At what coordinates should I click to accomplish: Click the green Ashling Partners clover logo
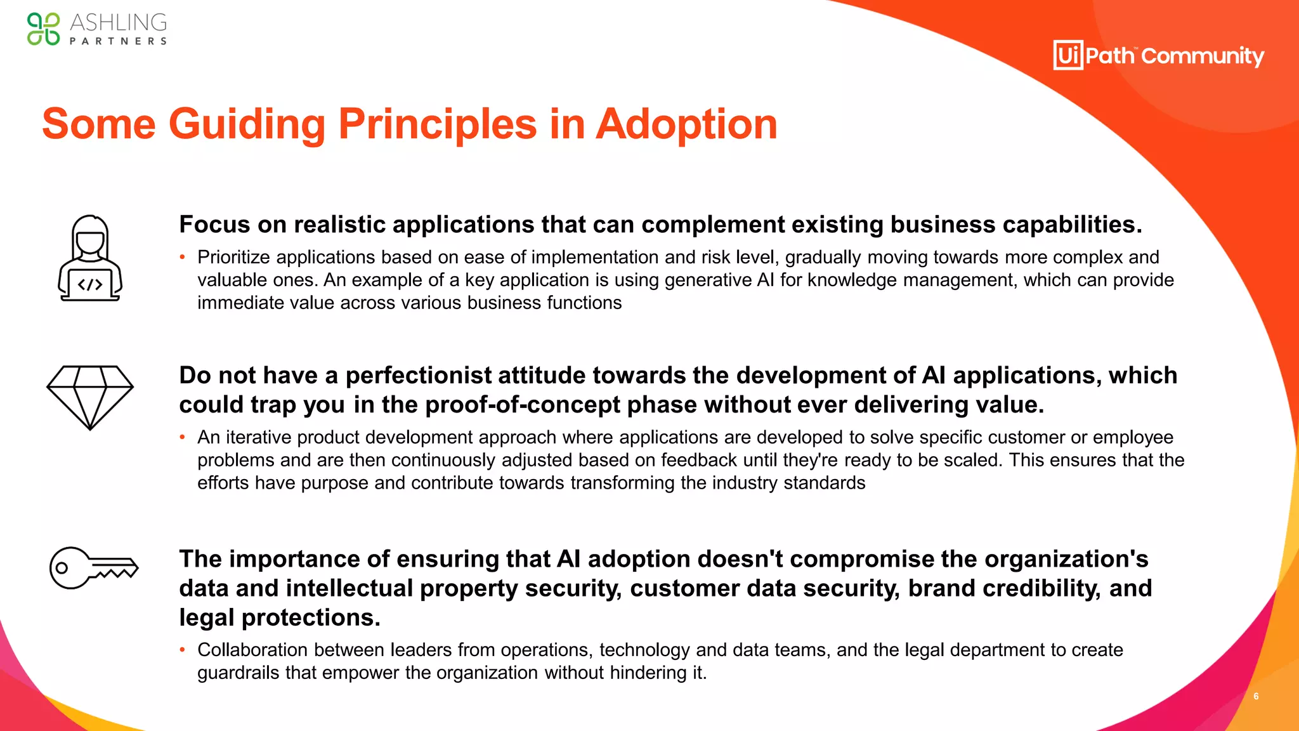(x=43, y=29)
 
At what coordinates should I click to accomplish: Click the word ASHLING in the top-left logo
(x=119, y=23)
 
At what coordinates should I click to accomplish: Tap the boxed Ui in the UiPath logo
(x=1068, y=55)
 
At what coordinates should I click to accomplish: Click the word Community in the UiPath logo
(x=1203, y=56)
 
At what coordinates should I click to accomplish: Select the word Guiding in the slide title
(x=247, y=124)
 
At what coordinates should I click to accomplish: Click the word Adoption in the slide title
(x=686, y=124)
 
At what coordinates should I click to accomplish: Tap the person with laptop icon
(x=90, y=258)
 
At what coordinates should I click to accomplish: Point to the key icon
(x=93, y=568)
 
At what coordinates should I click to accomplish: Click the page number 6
(x=1256, y=696)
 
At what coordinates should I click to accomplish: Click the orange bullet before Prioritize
(x=183, y=257)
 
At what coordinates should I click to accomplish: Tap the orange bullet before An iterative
(x=183, y=437)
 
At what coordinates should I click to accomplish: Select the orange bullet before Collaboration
(x=183, y=650)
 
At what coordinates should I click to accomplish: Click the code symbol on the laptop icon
(x=90, y=285)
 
